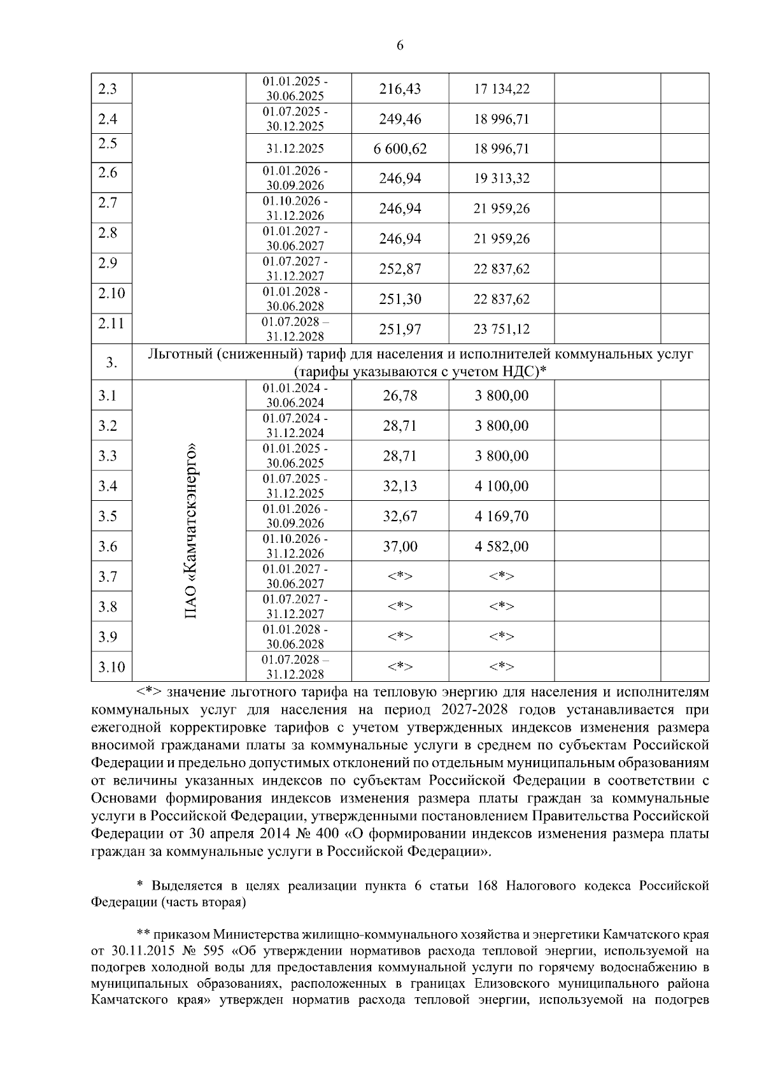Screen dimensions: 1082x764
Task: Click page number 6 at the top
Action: click(x=400, y=45)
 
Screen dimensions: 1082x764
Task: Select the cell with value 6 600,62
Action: click(x=400, y=149)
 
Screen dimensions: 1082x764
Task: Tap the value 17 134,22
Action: click(x=501, y=89)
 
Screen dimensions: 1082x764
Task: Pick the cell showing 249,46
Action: click(x=400, y=119)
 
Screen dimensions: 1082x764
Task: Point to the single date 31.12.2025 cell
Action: click(x=295, y=149)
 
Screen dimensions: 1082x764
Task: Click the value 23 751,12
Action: click(x=501, y=329)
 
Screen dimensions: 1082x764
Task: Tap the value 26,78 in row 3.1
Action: click(x=400, y=396)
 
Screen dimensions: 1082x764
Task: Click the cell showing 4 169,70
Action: click(x=501, y=516)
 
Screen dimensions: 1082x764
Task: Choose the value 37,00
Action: click(x=400, y=547)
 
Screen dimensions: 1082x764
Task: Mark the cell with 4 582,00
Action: click(x=501, y=547)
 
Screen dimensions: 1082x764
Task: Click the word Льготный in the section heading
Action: click(x=179, y=354)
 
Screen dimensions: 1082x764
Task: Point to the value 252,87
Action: click(x=400, y=269)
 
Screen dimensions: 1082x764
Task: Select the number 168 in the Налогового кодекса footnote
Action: click(x=487, y=886)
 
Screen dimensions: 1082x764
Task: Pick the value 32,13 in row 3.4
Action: click(x=400, y=486)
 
